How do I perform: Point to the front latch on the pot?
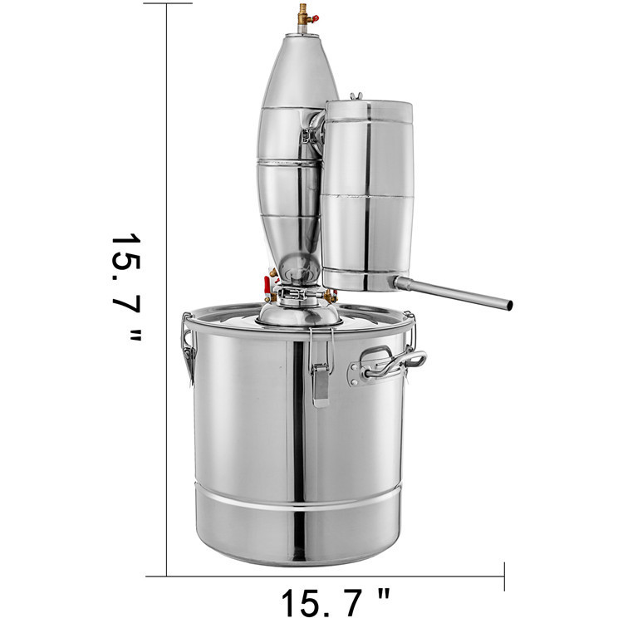coord(320,382)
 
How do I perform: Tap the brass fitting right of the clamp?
coord(331,293)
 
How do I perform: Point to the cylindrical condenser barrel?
coord(366,195)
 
